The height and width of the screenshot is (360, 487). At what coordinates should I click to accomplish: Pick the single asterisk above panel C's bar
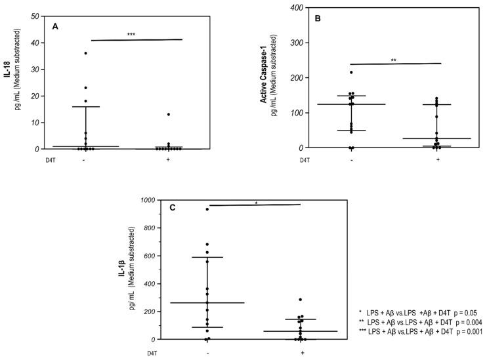(x=256, y=203)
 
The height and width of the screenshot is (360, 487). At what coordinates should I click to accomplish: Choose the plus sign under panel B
(x=437, y=159)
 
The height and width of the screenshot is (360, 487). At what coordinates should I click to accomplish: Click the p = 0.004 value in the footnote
(x=467, y=321)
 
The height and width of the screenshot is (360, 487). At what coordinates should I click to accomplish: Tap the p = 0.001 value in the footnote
(x=468, y=332)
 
